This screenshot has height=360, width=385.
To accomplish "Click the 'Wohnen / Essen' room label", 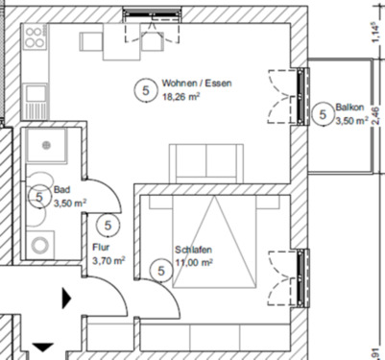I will tap(197, 84).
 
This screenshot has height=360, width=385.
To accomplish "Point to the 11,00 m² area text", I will tap(193, 260).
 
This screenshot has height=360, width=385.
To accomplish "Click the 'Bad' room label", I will tap(61, 190).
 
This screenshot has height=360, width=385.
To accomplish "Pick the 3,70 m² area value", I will tap(108, 259).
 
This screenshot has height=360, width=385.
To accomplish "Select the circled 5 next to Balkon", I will tap(321, 113).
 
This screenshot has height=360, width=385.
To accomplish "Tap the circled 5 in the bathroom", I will tap(38, 198).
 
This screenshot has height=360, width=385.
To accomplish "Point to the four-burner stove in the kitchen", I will tap(35, 41).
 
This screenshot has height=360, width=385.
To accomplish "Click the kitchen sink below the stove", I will tap(35, 93).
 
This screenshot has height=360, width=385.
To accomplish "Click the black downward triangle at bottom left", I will tap(43, 348).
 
